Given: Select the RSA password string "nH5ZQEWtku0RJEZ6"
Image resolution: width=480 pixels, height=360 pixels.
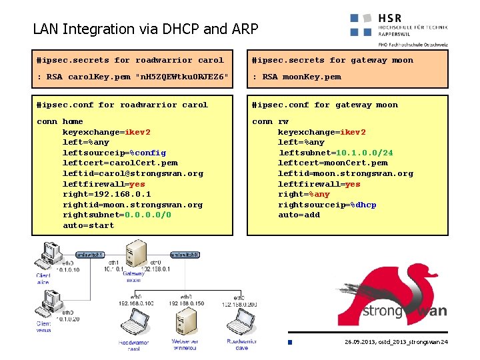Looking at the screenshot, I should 181,77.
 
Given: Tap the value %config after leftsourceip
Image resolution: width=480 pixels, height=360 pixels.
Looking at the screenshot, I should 147,153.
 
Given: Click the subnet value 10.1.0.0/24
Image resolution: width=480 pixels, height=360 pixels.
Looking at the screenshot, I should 364,153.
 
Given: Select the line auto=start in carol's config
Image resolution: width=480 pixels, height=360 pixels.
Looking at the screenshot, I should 88,225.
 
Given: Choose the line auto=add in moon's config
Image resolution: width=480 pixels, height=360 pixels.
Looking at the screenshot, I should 299,215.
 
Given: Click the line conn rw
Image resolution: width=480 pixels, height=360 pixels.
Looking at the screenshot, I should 270,121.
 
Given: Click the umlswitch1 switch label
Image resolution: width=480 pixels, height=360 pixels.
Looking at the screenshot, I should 89,255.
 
